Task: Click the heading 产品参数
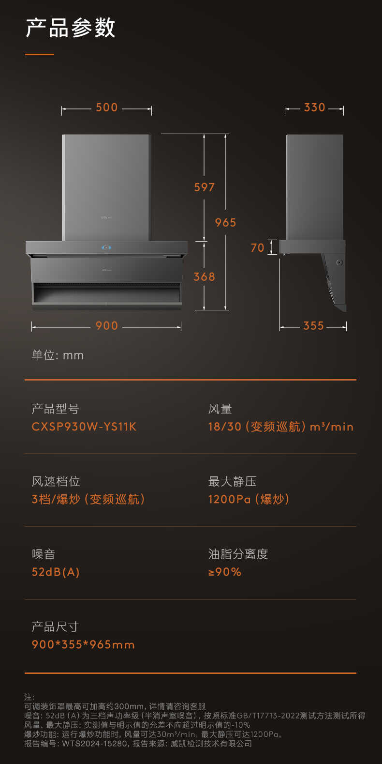pyautogui.click(x=71, y=28)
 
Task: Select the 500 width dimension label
pyautogui.click(x=107, y=107)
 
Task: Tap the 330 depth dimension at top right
pyautogui.click(x=314, y=107)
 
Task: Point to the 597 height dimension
pyautogui.click(x=205, y=187)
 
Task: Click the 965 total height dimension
pyautogui.click(x=226, y=222)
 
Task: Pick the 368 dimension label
pyautogui.click(x=205, y=276)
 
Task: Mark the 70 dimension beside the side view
pyautogui.click(x=258, y=247)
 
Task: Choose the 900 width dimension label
pyautogui.click(x=107, y=326)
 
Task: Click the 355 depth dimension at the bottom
pyautogui.click(x=313, y=326)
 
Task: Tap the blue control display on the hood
pyautogui.click(x=107, y=247)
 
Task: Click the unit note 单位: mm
pyautogui.click(x=58, y=355)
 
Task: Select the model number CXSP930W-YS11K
pyautogui.click(x=84, y=427)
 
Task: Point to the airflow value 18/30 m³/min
pyautogui.click(x=281, y=427)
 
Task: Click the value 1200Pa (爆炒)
pyautogui.click(x=249, y=499)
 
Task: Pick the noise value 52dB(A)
pyautogui.click(x=56, y=572)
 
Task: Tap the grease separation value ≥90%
pyautogui.click(x=225, y=572)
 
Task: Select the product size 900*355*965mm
pyautogui.click(x=83, y=644)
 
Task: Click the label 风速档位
pyautogui.click(x=56, y=482)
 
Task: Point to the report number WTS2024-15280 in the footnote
pyautogui.click(x=94, y=744)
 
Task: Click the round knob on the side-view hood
pyautogui.click(x=339, y=262)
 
